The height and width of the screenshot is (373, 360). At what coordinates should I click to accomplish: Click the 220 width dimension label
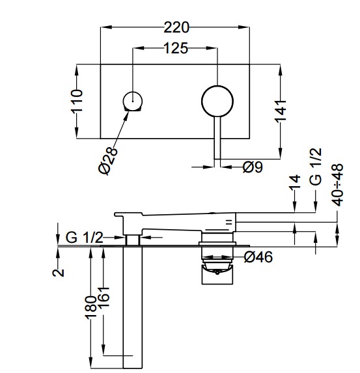pyautogui.click(x=176, y=27)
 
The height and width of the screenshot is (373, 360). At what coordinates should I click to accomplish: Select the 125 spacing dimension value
pyautogui.click(x=176, y=48)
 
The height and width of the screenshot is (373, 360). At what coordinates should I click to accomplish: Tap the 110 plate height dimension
pyautogui.click(x=77, y=101)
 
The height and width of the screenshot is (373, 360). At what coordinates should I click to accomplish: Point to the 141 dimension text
pyautogui.click(x=281, y=111)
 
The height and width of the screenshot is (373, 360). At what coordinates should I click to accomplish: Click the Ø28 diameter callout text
pyautogui.click(x=108, y=161)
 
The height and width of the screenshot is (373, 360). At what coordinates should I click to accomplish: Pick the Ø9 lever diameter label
pyautogui.click(x=253, y=167)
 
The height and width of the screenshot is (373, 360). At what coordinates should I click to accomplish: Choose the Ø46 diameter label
pyautogui.click(x=258, y=257)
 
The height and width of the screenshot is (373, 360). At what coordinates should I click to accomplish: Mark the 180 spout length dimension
pyautogui.click(x=91, y=308)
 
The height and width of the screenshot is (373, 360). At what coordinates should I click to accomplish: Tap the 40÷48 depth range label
pyautogui.click(x=338, y=185)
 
